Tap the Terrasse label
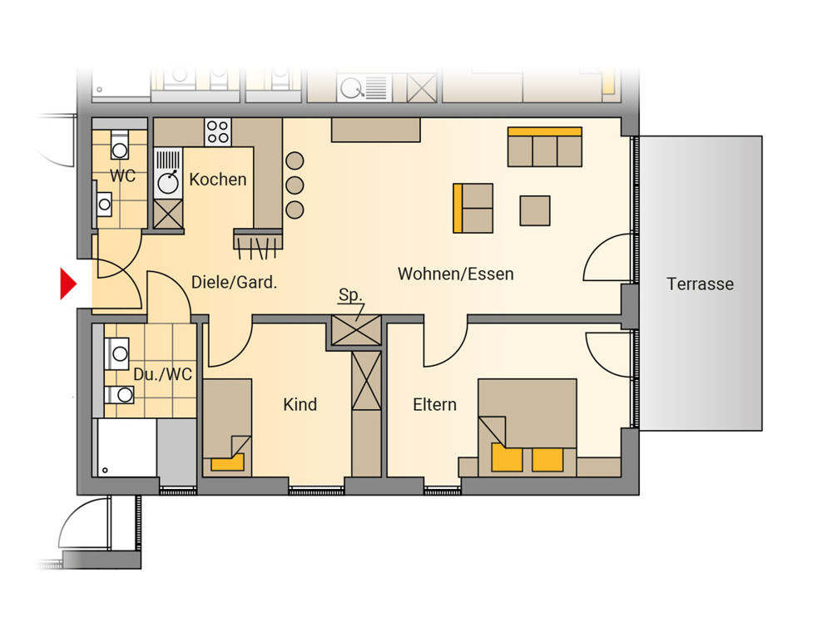point(700,284)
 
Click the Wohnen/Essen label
point(456,274)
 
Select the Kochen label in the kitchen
point(217,180)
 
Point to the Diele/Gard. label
point(234,282)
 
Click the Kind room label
point(300,404)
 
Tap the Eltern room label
point(434,405)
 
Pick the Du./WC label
point(162,374)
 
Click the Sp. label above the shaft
point(349,294)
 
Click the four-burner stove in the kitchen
point(218,132)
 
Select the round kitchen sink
point(168,183)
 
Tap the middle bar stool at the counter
point(295,185)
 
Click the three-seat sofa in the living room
point(545,147)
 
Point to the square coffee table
point(535,210)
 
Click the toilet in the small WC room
point(120,144)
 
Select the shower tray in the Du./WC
point(126,448)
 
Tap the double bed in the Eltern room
point(527,427)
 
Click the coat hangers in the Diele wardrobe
point(258,248)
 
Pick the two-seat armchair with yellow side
point(473,208)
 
